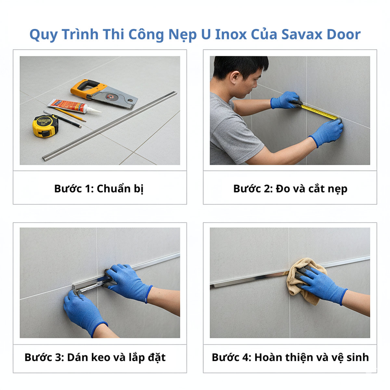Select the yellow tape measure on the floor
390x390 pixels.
[x=45, y=126]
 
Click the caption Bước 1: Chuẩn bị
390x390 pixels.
[x=99, y=188]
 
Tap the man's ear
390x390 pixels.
[x=235, y=78]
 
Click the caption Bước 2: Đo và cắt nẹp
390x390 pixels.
[x=290, y=188]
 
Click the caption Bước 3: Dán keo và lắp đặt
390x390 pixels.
[x=95, y=357]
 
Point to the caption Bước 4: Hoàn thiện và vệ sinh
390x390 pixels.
[x=290, y=357]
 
